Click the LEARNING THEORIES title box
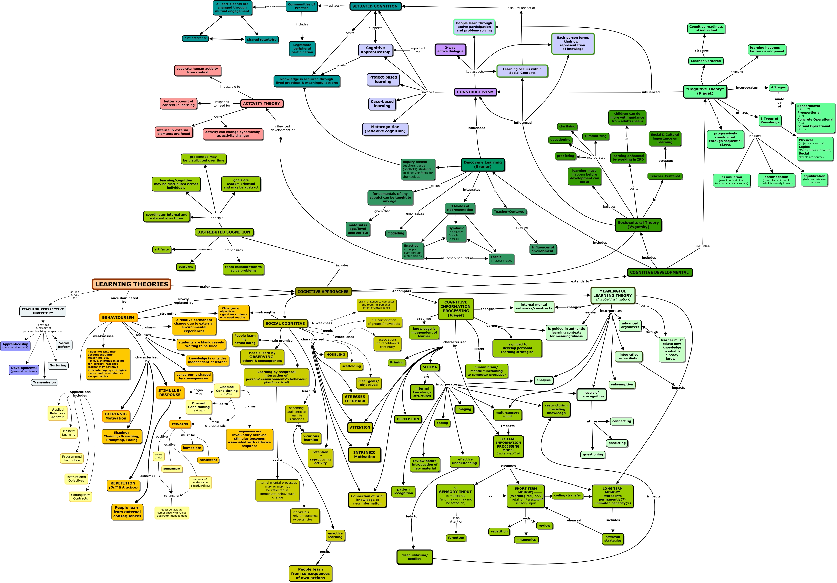tap(131, 284)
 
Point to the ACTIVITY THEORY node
tap(261, 104)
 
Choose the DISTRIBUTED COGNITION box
tap(224, 232)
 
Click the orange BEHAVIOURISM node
tap(118, 317)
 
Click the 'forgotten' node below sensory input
tap(456, 538)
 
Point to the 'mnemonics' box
tap(526, 540)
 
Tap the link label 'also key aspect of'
tap(521, 8)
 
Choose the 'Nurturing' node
tap(58, 365)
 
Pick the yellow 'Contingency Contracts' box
tap(80, 497)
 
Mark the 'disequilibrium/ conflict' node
tap(414, 557)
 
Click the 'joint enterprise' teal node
tap(195, 38)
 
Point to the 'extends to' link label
tap(580, 281)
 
